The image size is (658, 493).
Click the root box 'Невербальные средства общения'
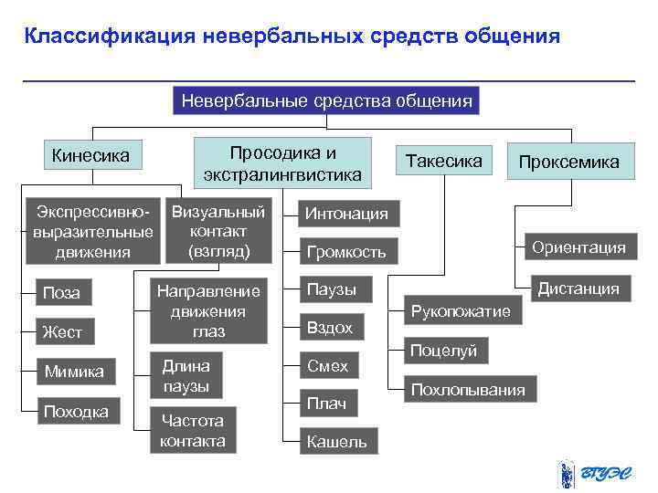(326, 100)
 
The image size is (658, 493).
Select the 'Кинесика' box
(90, 156)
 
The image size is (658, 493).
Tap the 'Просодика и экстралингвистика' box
(282, 163)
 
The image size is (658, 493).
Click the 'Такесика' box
(443, 161)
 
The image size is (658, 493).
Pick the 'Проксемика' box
(568, 162)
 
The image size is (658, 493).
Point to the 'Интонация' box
(346, 214)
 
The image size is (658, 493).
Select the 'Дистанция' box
(578, 289)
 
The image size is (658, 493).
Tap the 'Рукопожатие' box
(461, 311)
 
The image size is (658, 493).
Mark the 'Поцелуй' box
(443, 351)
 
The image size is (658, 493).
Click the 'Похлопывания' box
(468, 390)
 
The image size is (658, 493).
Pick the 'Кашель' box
(336, 442)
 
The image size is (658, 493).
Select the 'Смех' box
(327, 366)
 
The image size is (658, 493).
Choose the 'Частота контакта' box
(192, 430)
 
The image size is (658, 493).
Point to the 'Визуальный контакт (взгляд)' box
(218, 231)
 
